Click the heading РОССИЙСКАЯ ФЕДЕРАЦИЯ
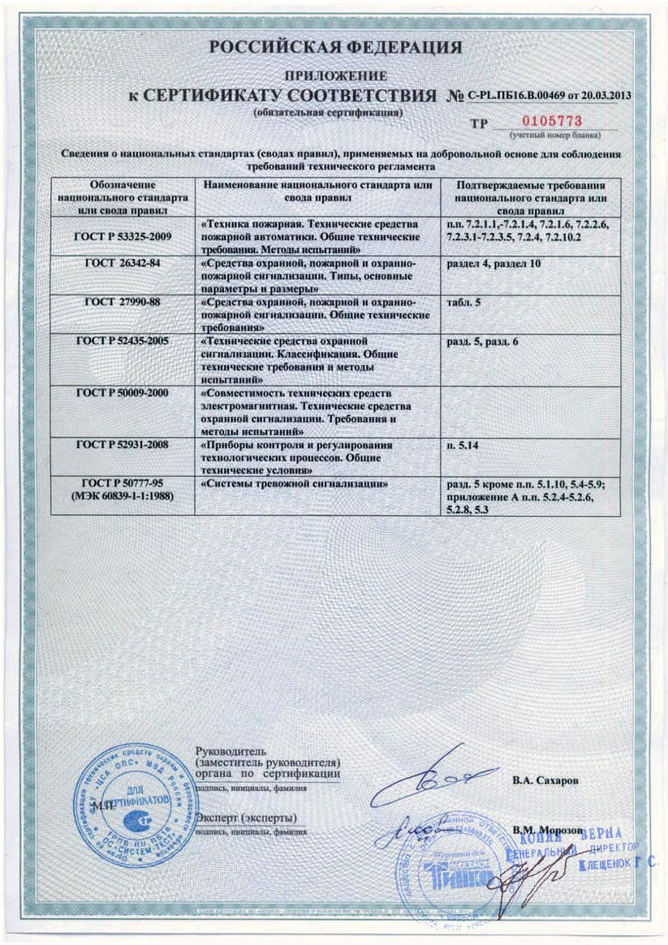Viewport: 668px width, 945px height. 335,48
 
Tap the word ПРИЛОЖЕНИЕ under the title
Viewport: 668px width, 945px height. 335,75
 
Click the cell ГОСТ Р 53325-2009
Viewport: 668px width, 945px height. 123,235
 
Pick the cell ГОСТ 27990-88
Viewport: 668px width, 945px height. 123,300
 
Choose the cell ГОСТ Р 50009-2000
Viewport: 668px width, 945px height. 123,391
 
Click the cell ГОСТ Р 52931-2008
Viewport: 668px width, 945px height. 123,445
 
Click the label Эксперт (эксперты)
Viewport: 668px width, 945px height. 248,817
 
